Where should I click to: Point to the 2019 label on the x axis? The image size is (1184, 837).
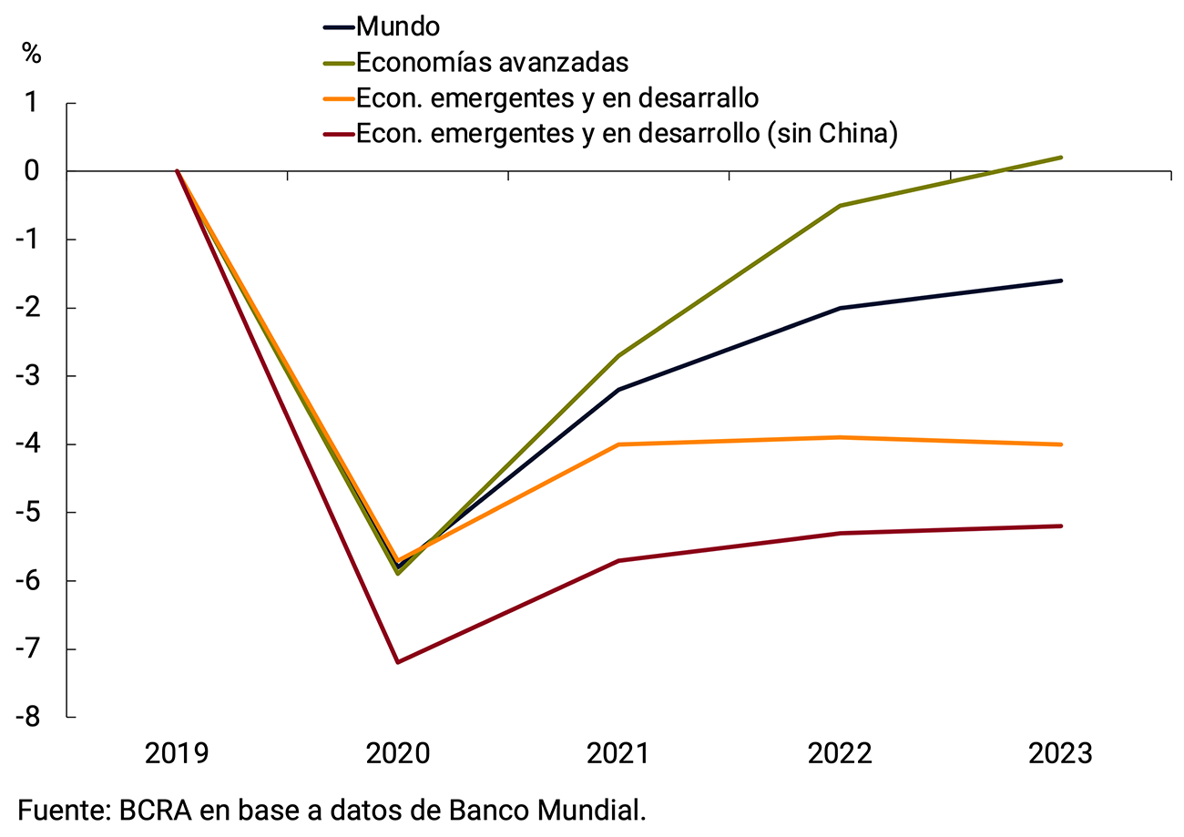tap(177, 754)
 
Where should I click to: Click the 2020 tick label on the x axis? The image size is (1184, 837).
tap(397, 754)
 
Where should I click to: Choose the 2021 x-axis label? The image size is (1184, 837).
tap(618, 754)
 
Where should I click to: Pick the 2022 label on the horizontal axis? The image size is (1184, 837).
tap(839, 754)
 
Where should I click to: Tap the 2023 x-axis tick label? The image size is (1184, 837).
tap(1060, 754)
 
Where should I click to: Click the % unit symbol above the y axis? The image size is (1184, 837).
tap(32, 53)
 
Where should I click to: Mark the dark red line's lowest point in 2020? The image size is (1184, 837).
tap(398, 662)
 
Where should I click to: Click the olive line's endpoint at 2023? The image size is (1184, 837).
tap(1060, 158)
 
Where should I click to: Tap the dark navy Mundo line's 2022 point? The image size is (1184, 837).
tap(839, 308)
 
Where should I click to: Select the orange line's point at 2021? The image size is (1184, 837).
tap(618, 444)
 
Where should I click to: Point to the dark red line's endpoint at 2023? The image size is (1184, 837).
tap(1060, 526)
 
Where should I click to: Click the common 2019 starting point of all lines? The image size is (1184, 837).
tap(177, 171)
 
